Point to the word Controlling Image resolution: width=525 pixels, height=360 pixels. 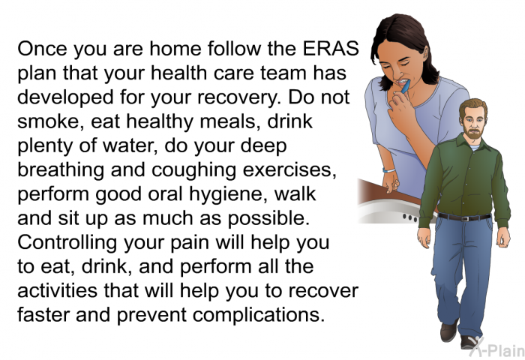(67, 243)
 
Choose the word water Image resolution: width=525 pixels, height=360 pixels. (130, 146)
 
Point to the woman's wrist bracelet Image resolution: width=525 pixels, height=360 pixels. (388, 170)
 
